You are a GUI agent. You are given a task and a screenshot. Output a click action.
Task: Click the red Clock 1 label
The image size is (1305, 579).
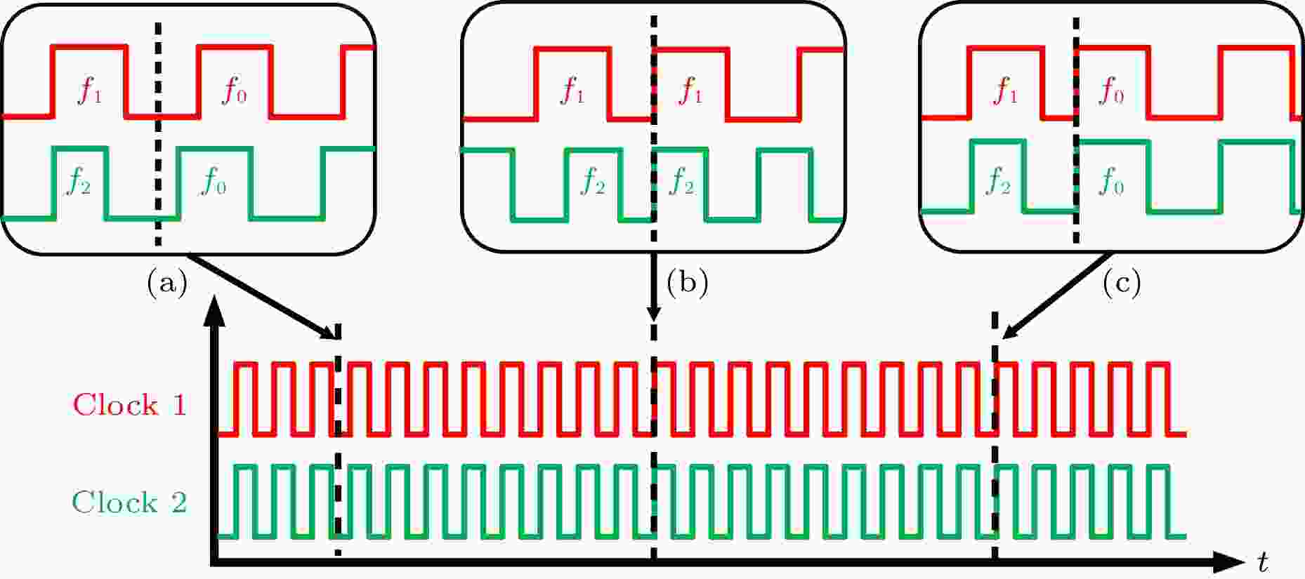pyautogui.click(x=130, y=405)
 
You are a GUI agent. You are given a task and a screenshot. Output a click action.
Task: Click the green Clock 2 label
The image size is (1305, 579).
pyautogui.click(x=130, y=503)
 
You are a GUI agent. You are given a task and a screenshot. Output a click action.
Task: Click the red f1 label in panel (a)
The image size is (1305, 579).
pyautogui.click(x=89, y=91)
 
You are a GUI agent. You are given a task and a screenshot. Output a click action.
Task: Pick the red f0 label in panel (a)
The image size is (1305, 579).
pyautogui.click(x=234, y=91)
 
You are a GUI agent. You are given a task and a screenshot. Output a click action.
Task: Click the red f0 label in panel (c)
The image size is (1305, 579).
pyautogui.click(x=1111, y=91)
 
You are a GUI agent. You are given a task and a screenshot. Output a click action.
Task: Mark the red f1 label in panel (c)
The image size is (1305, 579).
pyautogui.click(x=1004, y=91)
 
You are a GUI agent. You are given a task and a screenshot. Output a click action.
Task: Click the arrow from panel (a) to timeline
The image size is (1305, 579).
pyautogui.click(x=263, y=296)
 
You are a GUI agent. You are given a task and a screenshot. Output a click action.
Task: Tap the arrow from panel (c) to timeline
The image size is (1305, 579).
pyautogui.click(x=1055, y=295)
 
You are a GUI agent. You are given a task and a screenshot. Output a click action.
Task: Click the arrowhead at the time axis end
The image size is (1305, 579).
pyautogui.click(x=1228, y=561)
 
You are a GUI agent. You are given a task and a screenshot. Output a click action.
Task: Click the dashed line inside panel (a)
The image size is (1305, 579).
pyautogui.click(x=158, y=133)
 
